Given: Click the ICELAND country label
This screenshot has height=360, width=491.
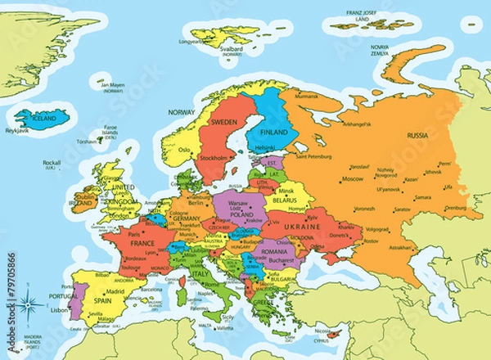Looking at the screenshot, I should (x=44, y=117).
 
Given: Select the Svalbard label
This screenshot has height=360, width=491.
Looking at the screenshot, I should (x=232, y=48).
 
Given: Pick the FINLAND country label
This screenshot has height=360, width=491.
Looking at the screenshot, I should (x=273, y=130).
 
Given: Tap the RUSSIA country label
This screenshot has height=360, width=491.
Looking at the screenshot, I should (x=418, y=135).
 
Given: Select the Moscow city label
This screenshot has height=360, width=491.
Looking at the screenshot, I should (x=352, y=178).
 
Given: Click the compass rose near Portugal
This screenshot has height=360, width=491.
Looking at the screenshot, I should (x=31, y=305).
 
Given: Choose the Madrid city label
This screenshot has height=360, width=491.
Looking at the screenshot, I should (x=115, y=291).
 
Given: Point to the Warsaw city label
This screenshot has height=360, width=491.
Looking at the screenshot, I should (x=237, y=202).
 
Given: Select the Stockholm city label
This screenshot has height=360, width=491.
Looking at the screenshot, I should (x=214, y=157).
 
